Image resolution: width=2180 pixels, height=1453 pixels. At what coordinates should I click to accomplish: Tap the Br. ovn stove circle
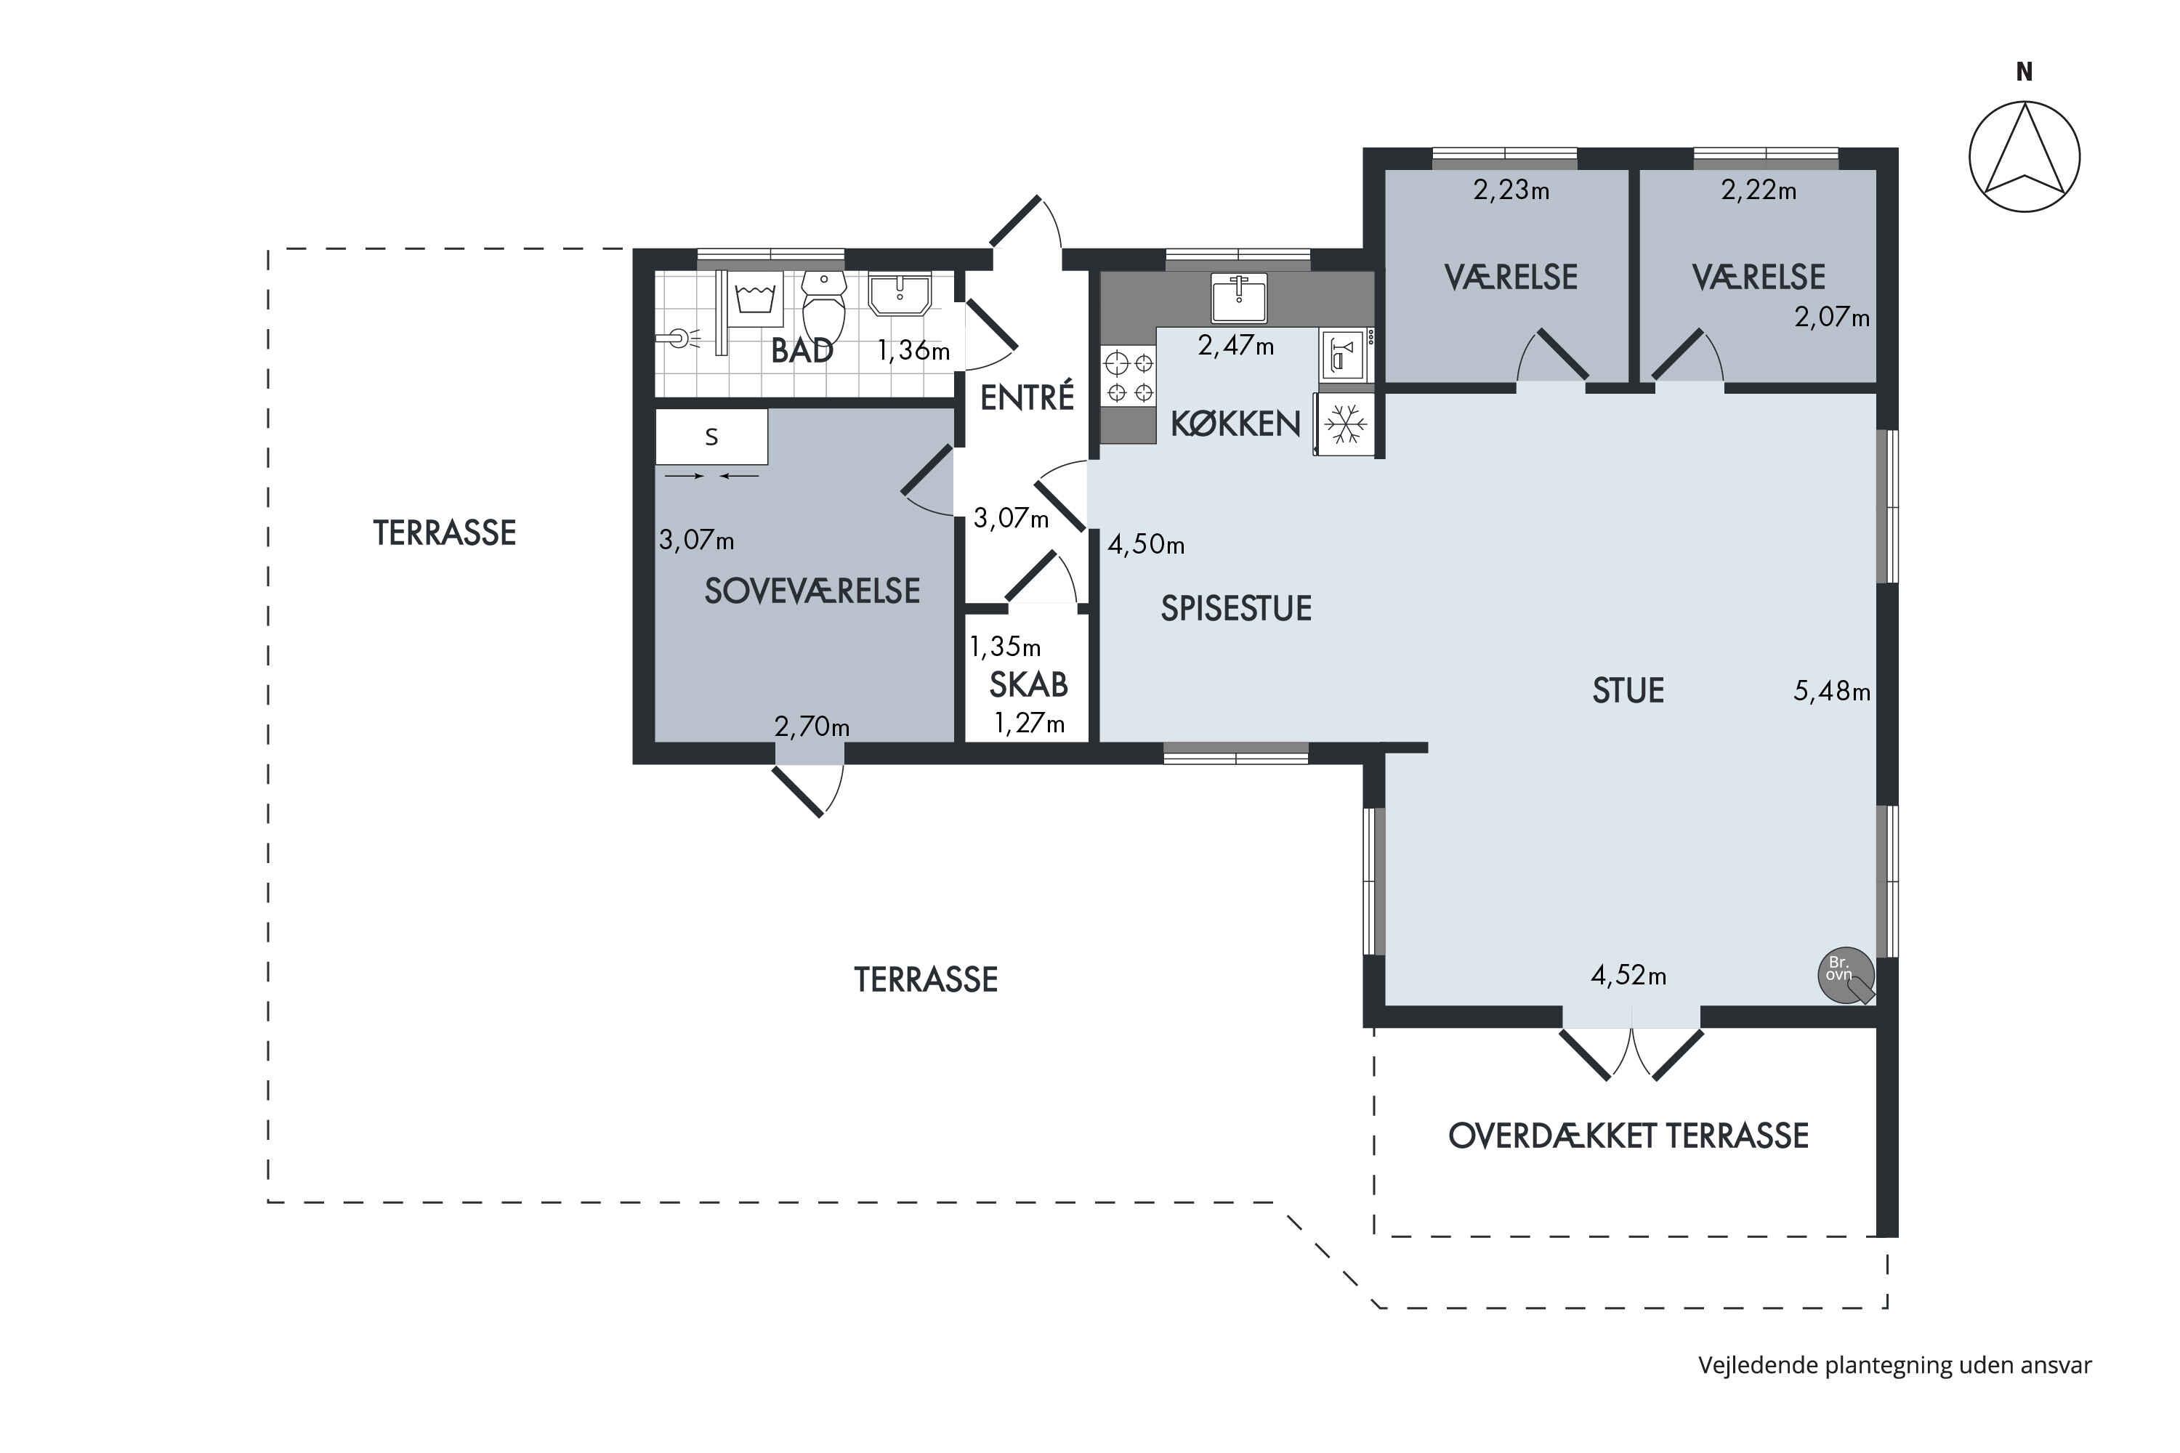click(x=1846, y=976)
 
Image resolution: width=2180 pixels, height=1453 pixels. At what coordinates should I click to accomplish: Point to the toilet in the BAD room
click(x=823, y=307)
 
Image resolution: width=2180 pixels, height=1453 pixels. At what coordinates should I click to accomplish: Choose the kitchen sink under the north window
click(x=1239, y=296)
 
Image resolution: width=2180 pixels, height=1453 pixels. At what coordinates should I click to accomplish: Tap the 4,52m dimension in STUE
click(x=1628, y=976)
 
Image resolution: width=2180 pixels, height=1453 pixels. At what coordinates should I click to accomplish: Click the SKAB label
click(x=1029, y=685)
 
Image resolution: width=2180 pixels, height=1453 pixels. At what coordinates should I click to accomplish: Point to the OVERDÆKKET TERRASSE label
click(x=1628, y=1136)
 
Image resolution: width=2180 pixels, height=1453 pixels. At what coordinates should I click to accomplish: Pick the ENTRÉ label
click(x=1027, y=397)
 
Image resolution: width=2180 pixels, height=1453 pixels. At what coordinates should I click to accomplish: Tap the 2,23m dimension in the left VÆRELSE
click(x=1511, y=190)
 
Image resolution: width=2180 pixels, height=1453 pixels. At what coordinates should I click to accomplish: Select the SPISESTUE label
click(x=1237, y=609)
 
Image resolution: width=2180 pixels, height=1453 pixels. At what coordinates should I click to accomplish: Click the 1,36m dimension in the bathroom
click(x=914, y=350)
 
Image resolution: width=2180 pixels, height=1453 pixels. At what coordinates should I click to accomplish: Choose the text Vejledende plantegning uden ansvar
click(x=1894, y=1366)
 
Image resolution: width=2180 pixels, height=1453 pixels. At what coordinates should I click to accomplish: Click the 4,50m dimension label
click(x=1147, y=545)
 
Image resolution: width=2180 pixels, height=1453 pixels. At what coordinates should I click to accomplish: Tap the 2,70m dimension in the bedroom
click(x=812, y=726)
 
